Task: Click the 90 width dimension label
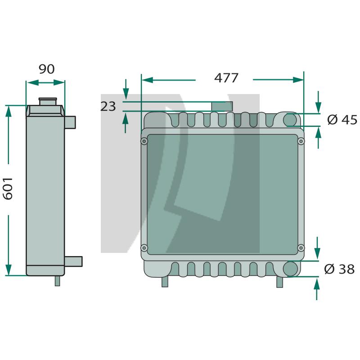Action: pos(47,69)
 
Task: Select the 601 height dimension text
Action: pos(8,189)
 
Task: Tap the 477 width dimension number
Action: pos(226,78)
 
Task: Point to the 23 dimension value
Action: pos(108,107)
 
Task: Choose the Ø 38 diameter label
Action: pos(339,269)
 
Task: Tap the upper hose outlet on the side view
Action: pos(70,122)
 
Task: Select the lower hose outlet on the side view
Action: pos(73,261)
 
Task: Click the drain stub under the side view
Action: pos(58,281)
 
